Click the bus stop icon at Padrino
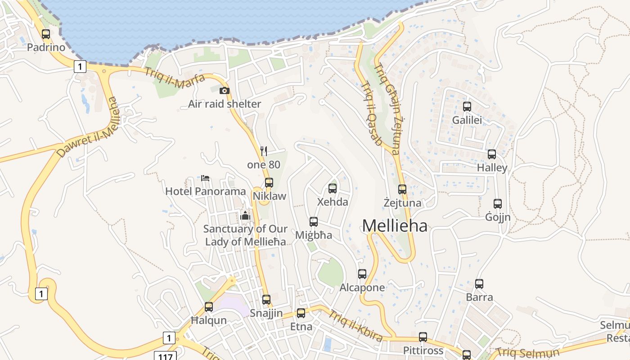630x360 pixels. [45, 34]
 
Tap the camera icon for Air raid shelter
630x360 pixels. [224, 90]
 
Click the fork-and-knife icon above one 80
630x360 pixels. [264, 151]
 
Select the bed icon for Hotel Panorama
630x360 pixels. [205, 178]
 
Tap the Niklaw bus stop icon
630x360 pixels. [269, 183]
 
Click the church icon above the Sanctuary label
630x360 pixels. [245, 216]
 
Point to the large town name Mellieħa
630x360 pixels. [395, 225]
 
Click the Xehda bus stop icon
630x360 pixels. [333, 189]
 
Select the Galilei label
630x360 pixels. [467, 120]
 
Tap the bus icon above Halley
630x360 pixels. [492, 154]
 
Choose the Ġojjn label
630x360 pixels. [498, 217]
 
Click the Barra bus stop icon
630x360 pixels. [479, 284]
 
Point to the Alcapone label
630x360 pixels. [362, 288]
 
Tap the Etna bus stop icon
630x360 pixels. [301, 313]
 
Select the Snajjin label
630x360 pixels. [266, 313]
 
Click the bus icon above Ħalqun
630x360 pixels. [209, 307]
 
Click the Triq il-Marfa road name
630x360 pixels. [175, 77]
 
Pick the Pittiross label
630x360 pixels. [423, 351]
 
